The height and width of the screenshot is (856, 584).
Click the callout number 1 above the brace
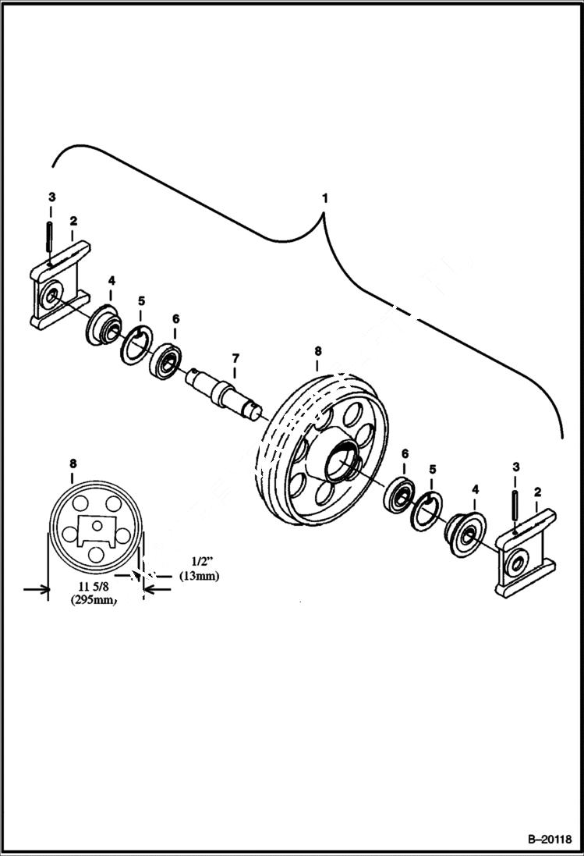click(x=324, y=198)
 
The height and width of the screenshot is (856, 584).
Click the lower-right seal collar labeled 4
click(x=466, y=535)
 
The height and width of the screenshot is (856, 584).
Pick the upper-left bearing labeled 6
click(x=167, y=361)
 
